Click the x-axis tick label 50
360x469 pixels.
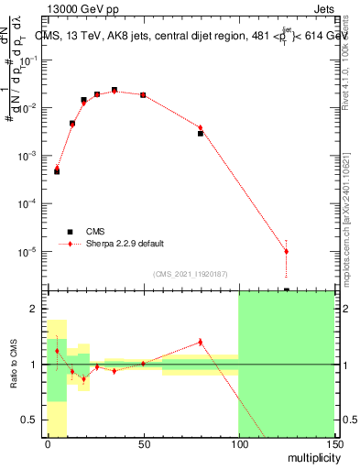click(143, 443)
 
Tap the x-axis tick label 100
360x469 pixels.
click(238, 443)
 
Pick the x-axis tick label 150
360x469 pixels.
click(333, 443)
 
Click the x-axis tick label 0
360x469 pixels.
click(48, 443)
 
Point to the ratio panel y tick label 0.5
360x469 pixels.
click(30, 420)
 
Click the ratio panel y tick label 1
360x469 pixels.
click(34, 365)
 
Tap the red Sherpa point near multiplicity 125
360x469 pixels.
click(286, 251)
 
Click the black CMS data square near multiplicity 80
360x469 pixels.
click(201, 134)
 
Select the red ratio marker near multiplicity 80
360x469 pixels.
click(201, 343)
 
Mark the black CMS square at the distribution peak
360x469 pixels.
click(115, 90)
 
